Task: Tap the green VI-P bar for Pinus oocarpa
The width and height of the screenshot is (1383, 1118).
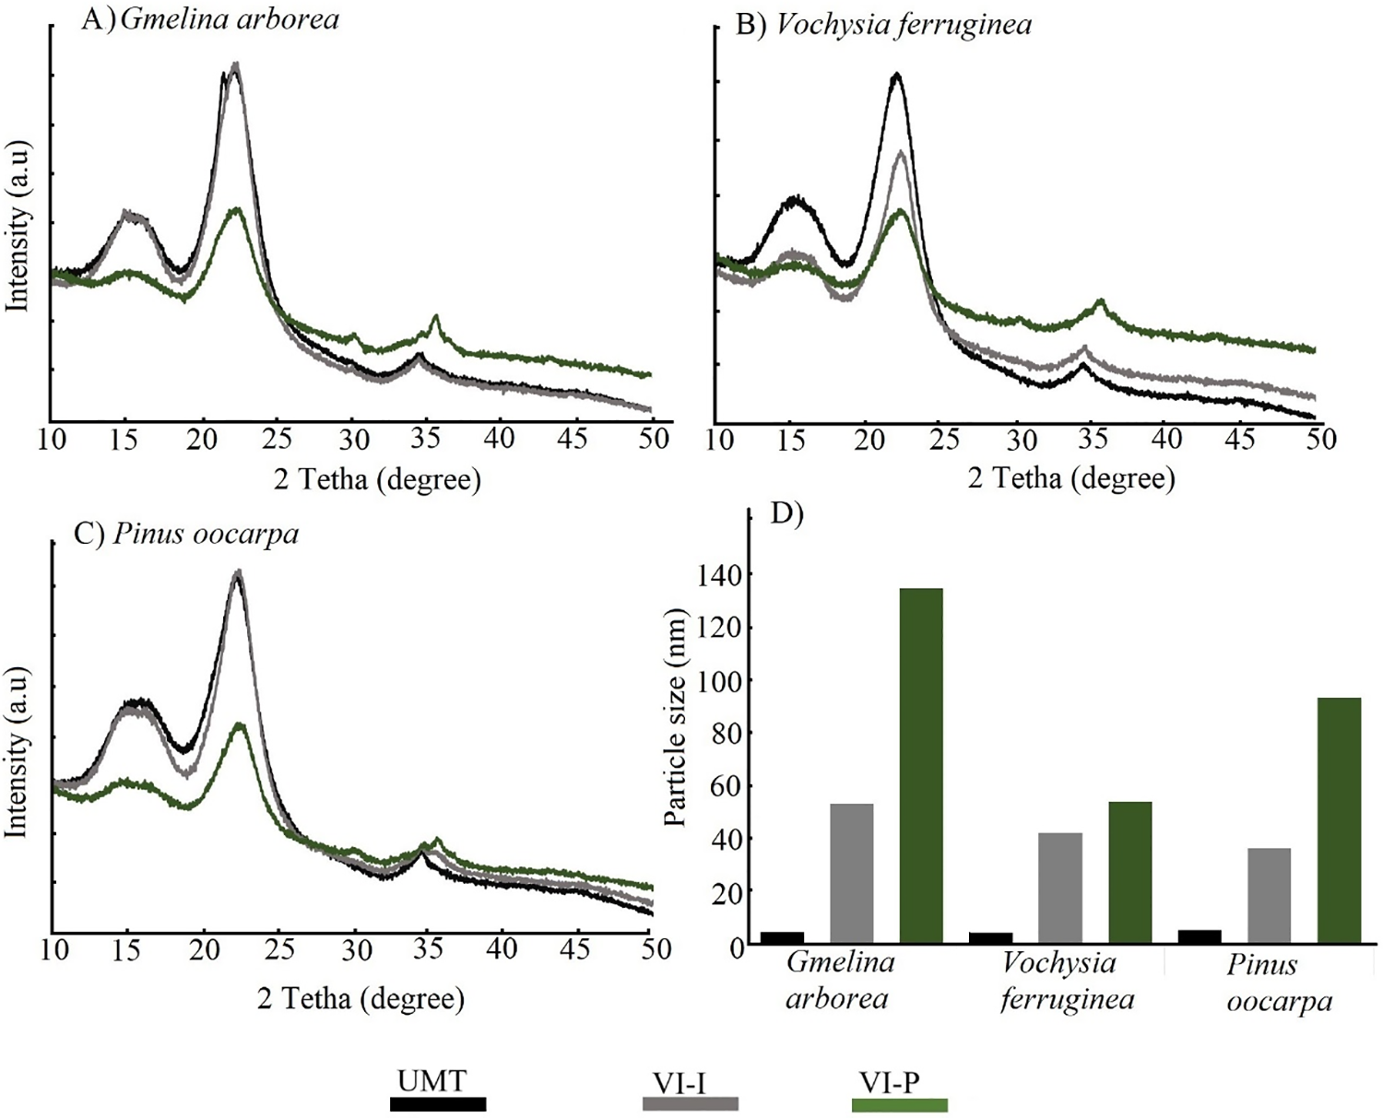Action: coord(1339,820)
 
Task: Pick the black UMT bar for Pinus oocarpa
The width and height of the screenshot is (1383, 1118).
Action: coord(1200,936)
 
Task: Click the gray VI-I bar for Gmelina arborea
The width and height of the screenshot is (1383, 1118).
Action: coord(852,873)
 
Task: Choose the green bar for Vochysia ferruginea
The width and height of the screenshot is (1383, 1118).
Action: coord(1129,872)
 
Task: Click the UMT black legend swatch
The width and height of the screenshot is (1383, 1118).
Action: coord(438,1103)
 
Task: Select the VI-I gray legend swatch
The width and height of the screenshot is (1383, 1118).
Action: coord(690,1103)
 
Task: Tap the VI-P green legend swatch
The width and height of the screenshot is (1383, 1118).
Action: coord(899,1104)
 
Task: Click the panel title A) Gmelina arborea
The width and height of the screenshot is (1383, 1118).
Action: coord(210,19)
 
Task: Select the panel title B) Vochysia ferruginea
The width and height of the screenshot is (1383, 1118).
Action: coord(882,25)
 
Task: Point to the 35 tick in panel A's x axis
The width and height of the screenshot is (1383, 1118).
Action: coord(425,439)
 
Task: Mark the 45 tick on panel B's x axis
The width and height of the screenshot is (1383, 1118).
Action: coord(1240,439)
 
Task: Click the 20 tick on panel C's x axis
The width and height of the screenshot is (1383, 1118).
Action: coord(206,949)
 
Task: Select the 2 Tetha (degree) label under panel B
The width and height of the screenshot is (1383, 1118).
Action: coord(1071,479)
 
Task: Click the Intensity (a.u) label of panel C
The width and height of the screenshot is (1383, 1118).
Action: coord(17,752)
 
